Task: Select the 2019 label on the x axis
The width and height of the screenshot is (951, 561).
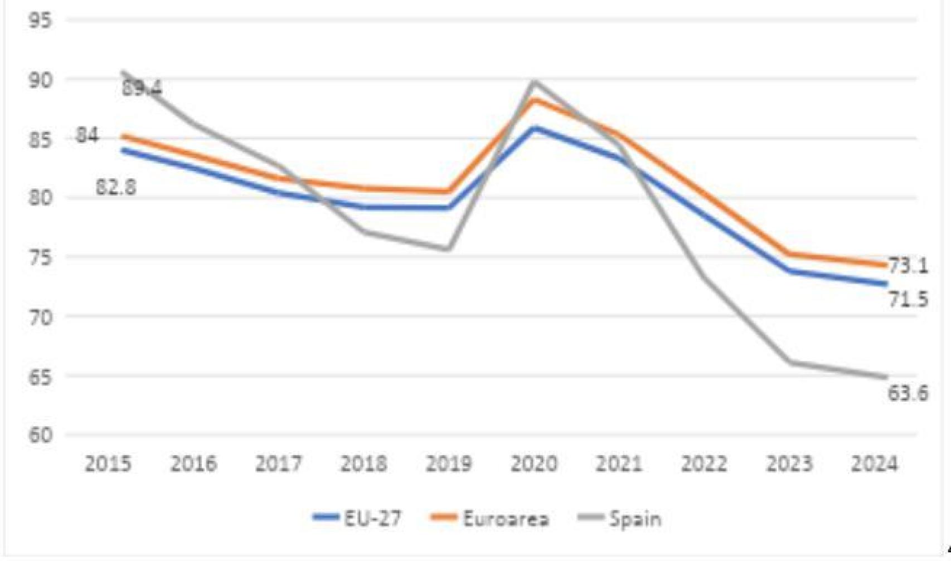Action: [449, 464]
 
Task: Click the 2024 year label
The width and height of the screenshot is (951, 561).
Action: [874, 464]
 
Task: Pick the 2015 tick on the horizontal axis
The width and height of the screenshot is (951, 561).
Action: [108, 464]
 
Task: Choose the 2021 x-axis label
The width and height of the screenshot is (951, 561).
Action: [619, 464]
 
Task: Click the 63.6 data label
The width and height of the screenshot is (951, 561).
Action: [908, 394]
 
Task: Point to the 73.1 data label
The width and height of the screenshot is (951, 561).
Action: [908, 266]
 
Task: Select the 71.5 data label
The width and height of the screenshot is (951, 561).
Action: [908, 300]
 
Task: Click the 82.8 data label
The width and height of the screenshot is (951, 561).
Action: [116, 187]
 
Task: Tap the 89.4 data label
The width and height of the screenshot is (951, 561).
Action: [142, 88]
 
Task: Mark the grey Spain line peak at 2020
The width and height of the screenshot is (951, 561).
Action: [535, 82]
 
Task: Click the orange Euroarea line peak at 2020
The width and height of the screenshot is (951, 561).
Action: [535, 99]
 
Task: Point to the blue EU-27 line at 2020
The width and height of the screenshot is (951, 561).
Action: [535, 128]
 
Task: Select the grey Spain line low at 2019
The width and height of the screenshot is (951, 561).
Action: [449, 248]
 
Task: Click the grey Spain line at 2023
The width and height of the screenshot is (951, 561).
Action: [789, 362]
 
